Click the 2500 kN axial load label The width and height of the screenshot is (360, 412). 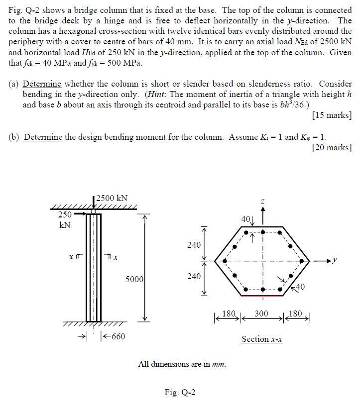click(112, 198)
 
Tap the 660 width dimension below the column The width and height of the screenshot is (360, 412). click(118, 337)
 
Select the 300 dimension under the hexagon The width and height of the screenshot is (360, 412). click(261, 314)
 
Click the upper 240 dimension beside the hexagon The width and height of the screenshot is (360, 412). click(194, 245)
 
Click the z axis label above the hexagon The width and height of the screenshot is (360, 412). click(262, 201)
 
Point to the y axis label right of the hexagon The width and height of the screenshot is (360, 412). click(337, 260)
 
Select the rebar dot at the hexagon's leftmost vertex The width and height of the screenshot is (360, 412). click(226, 260)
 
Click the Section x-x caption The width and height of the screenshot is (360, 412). click(262, 339)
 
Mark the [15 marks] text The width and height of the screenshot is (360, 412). click(332, 115)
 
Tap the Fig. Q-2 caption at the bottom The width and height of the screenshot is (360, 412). click(180, 393)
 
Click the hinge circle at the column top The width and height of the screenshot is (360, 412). click(93, 211)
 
